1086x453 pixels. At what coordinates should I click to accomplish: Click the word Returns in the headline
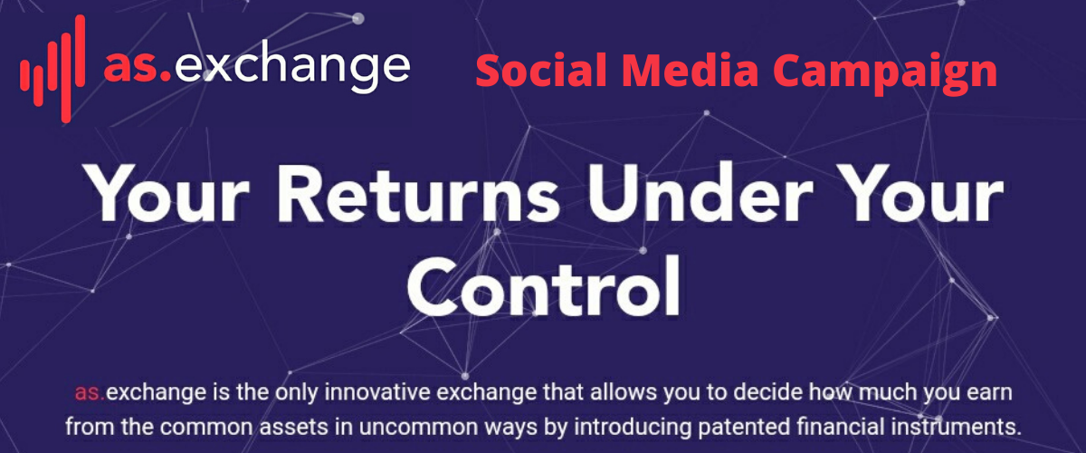point(418,193)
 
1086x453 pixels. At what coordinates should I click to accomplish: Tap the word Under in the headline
point(700,193)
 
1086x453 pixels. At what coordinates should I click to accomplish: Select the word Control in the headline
point(543,286)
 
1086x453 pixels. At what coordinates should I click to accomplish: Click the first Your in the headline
point(168,194)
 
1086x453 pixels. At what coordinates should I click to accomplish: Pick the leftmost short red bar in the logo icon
point(23,73)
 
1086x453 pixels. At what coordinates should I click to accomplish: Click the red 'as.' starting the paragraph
point(90,392)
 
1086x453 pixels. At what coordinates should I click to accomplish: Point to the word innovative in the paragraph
point(376,391)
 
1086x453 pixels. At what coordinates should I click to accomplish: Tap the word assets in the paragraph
point(294,428)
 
